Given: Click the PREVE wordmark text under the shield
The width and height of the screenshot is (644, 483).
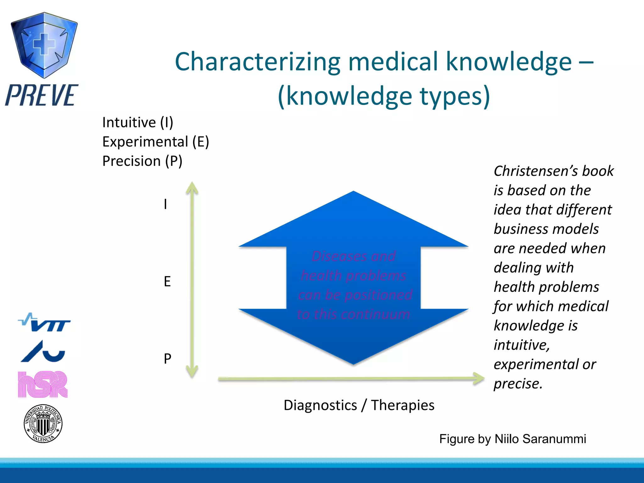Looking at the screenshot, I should coord(42,95).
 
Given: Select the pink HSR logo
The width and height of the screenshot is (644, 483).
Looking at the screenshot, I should coord(43,384).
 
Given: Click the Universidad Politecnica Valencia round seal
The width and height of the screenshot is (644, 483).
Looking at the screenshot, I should coord(43,424).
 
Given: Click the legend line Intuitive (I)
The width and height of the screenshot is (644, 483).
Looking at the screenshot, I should coord(138,122).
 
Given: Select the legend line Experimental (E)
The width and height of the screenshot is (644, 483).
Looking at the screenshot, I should coord(156,142).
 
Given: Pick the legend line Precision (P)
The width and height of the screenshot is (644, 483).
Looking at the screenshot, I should coord(142,161).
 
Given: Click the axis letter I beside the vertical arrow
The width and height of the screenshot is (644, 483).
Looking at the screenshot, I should coord(165,204).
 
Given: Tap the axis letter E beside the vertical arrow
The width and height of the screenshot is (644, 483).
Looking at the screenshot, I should coord(167,281).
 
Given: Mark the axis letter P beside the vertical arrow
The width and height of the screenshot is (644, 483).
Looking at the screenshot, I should coord(167,358).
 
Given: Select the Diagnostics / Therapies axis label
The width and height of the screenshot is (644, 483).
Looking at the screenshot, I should coord(359,405).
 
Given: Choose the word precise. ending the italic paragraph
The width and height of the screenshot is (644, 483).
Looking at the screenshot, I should coord(518,384).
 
